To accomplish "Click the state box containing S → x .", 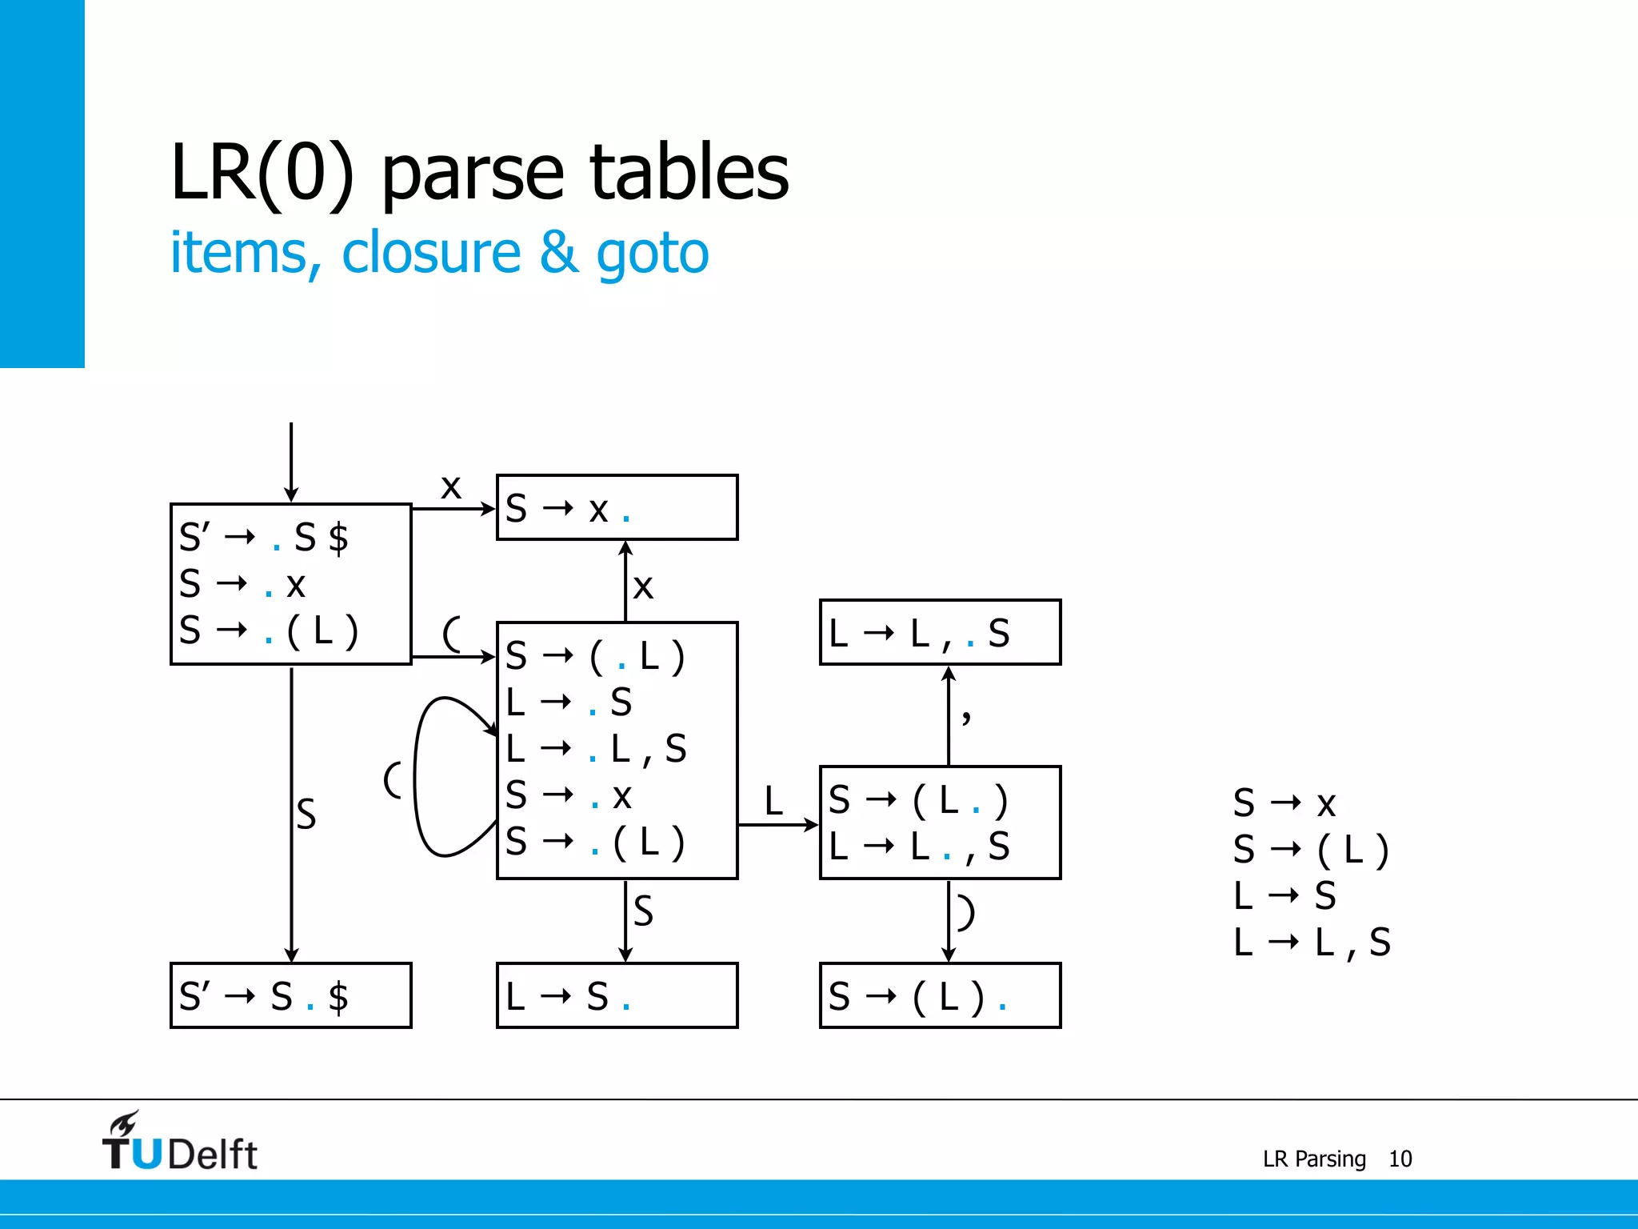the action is pos(617,507).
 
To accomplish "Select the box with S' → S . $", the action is pos(290,995).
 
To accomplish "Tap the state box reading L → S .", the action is pos(617,995).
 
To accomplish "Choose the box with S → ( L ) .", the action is pos(940,995).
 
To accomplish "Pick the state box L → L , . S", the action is pos(940,632).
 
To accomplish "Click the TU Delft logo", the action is pos(179,1143).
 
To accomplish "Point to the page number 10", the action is pos(1400,1159).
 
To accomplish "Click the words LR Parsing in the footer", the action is pos(1314,1159).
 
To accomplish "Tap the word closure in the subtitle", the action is pos(431,252).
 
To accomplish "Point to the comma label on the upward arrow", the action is pos(966,714).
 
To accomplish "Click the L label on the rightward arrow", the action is pos(773,800).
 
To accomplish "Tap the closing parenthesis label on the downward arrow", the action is pos(966,912).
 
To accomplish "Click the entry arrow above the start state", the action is pos(291,460).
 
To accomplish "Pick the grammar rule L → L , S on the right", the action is pos(1312,942).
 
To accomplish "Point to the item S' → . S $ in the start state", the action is pos(264,537).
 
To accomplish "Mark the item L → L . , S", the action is pos(919,846).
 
